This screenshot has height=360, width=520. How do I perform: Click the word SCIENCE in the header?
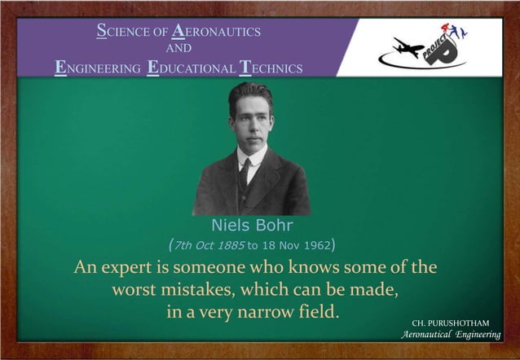click(122, 32)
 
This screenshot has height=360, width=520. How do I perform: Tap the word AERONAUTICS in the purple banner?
click(216, 32)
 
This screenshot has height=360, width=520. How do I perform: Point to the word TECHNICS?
click(270, 68)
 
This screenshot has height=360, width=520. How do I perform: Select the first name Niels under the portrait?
click(230, 224)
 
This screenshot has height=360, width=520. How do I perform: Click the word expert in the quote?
click(144, 267)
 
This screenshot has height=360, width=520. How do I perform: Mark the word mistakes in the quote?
click(203, 289)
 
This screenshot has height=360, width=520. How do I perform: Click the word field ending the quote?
click(315, 311)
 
